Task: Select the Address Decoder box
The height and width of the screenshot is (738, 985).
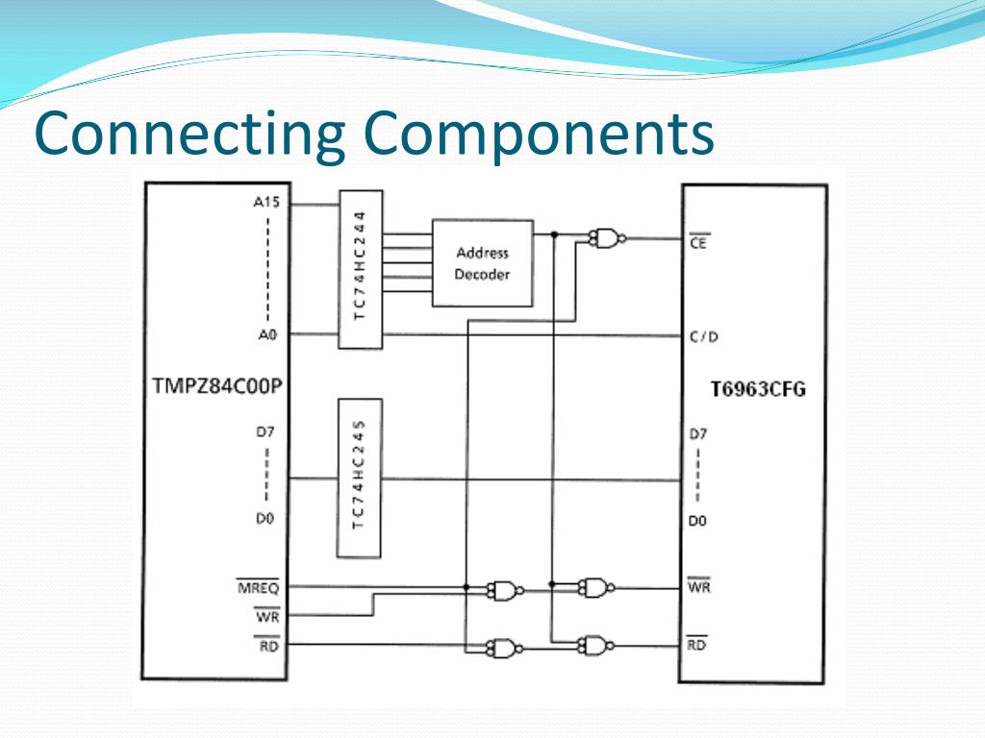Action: tap(482, 263)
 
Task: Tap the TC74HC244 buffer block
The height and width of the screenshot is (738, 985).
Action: tap(360, 269)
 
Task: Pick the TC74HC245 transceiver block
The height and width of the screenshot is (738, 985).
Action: tap(360, 478)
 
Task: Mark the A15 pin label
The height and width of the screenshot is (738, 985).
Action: tap(265, 203)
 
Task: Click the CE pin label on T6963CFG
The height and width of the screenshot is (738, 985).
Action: tap(699, 244)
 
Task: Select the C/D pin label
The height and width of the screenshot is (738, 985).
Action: tap(704, 336)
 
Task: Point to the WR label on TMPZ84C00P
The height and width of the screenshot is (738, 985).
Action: tap(266, 617)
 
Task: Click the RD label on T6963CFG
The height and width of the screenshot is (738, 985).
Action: tap(697, 646)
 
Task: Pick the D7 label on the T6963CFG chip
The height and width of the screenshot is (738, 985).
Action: tap(698, 434)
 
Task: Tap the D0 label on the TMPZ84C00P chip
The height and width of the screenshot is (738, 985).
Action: tap(265, 519)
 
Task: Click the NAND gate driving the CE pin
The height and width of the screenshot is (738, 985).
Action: tap(606, 238)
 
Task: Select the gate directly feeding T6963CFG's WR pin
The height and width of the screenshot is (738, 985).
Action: tap(595, 586)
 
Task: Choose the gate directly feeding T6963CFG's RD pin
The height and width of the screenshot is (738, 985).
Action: tap(595, 645)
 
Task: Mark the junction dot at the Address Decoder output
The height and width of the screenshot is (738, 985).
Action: tap(554, 234)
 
